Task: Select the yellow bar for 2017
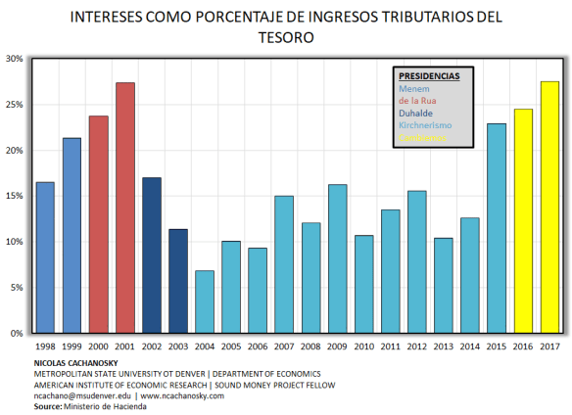549,207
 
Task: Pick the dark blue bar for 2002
151,255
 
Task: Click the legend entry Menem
414,88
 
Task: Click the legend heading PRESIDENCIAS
429,75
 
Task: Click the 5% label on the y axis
16,288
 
